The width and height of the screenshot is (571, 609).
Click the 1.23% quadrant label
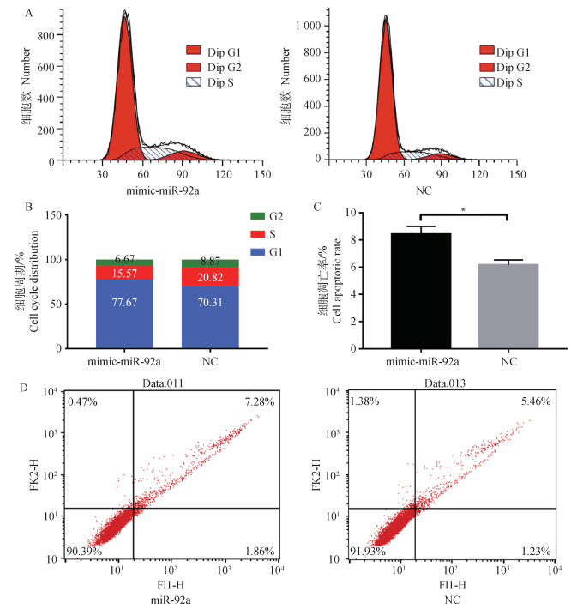coord(533,549)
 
